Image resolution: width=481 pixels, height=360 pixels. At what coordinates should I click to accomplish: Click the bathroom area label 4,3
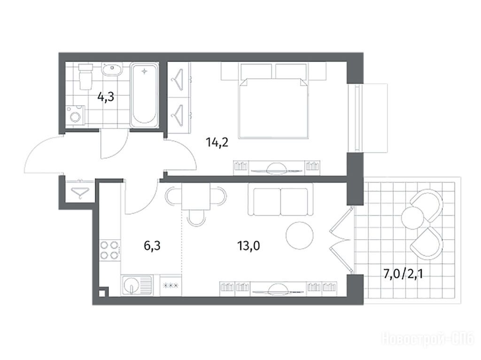click(x=106, y=97)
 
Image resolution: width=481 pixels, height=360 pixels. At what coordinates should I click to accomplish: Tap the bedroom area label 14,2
click(x=217, y=143)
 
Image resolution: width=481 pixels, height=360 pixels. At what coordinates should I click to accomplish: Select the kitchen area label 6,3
click(x=152, y=245)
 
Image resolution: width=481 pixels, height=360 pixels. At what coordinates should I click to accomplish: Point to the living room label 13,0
click(x=248, y=245)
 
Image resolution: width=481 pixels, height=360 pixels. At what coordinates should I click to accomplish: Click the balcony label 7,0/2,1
click(x=403, y=274)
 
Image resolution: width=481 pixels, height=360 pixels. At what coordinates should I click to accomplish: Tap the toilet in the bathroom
click(x=86, y=77)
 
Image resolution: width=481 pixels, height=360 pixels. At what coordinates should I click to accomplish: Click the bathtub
click(x=144, y=95)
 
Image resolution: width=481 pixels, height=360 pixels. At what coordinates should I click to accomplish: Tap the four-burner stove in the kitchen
click(x=109, y=250)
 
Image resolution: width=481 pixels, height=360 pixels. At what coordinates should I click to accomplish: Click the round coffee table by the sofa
click(x=299, y=236)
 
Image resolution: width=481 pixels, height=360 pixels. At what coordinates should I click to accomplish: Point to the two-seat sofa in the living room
click(x=280, y=199)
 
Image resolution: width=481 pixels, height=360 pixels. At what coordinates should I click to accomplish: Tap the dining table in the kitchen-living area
click(x=196, y=196)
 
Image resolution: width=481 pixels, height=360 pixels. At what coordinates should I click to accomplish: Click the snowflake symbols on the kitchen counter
click(x=171, y=286)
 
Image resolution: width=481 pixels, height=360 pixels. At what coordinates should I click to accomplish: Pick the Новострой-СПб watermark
click(x=428, y=338)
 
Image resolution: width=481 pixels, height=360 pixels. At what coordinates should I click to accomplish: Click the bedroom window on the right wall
click(x=357, y=118)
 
